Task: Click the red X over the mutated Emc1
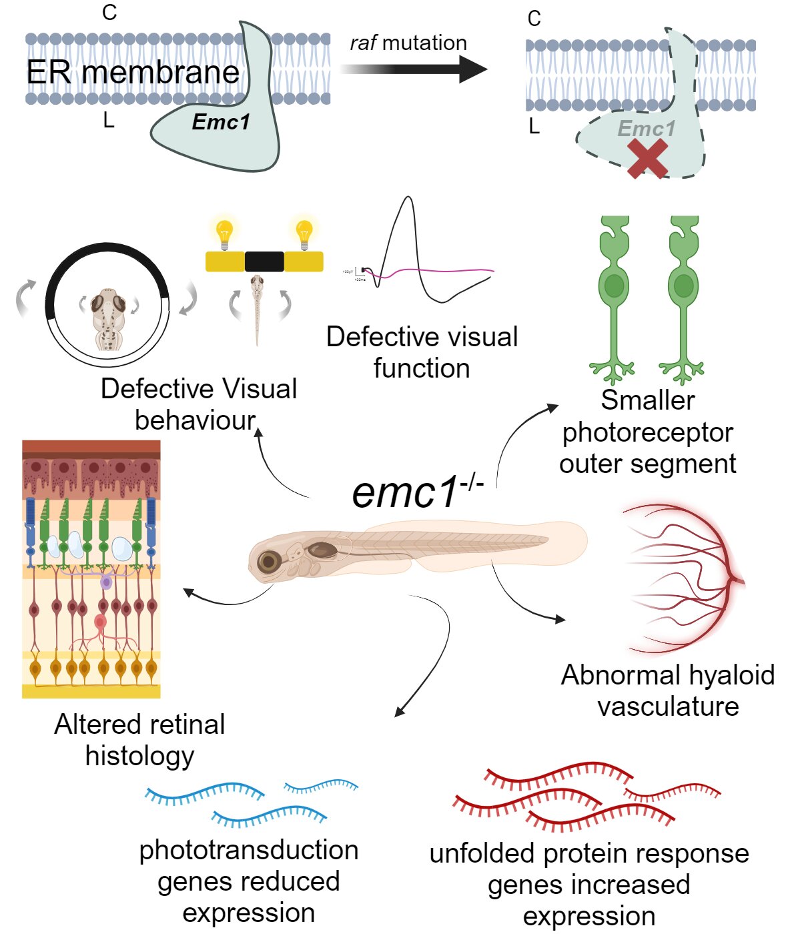647,158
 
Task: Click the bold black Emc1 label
221,122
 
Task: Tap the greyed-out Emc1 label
647,128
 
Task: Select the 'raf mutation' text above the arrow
408,43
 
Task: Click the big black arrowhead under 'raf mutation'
473,69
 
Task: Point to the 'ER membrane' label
133,72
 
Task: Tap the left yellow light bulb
225,234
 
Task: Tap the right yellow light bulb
304,234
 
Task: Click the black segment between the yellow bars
264,262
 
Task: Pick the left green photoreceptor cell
614,294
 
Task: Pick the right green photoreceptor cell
683,294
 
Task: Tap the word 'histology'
140,756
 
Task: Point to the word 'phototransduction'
249,850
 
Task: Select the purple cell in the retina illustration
106,582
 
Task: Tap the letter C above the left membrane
109,13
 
